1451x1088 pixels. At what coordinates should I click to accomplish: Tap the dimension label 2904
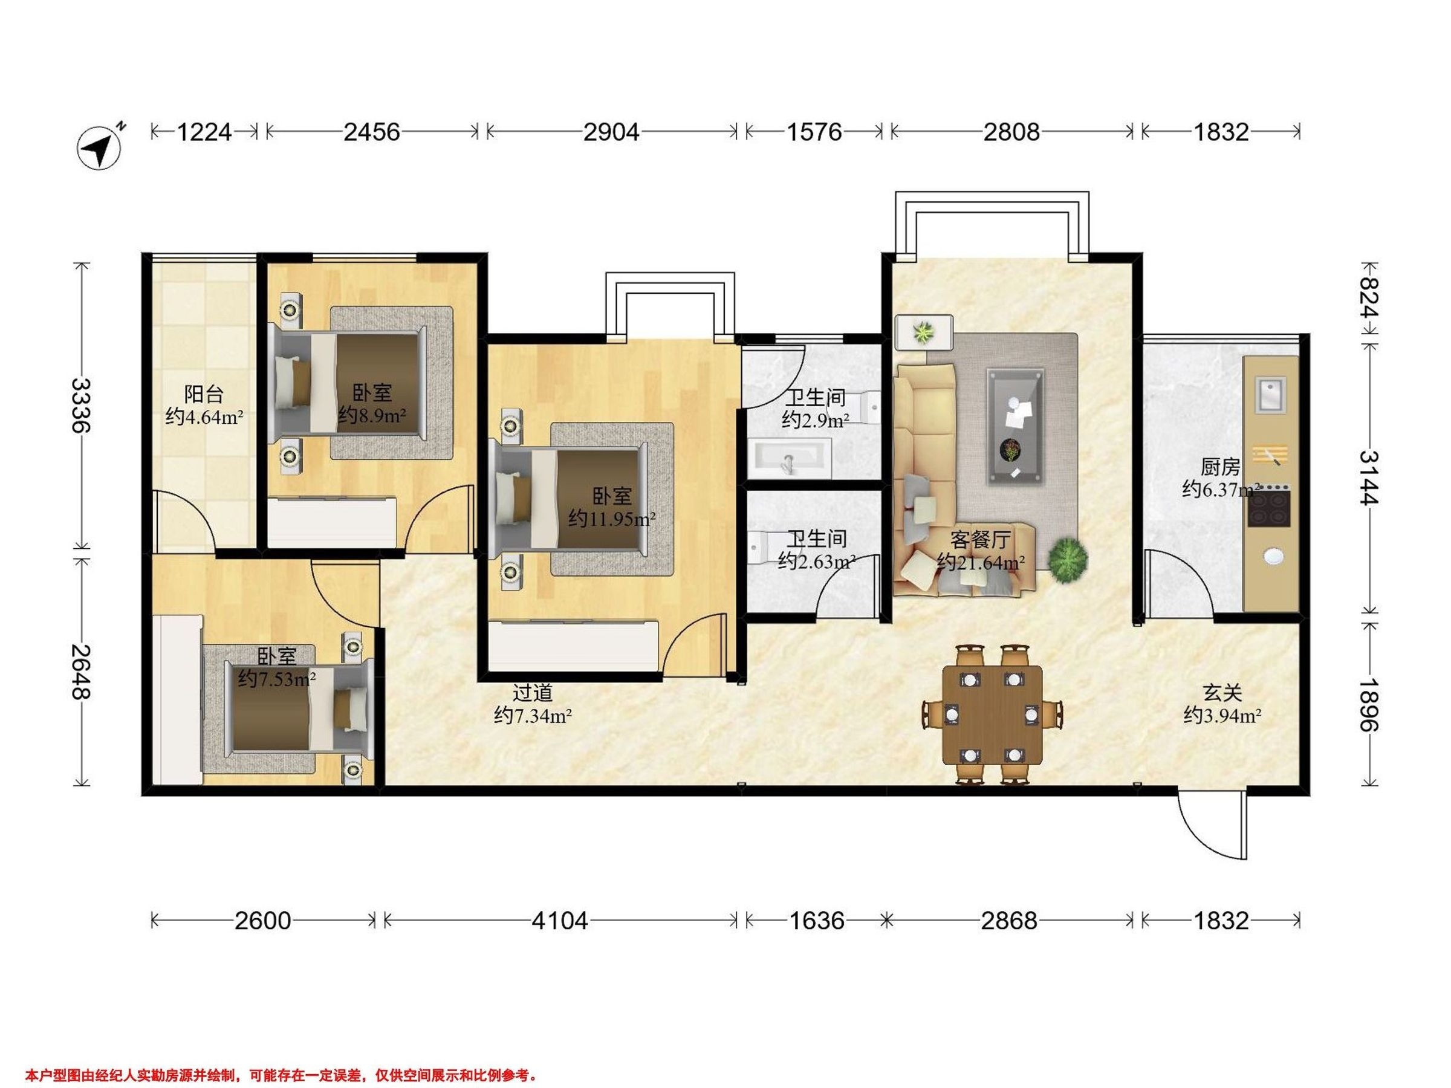pos(611,132)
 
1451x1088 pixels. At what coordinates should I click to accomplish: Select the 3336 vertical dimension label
pos(80,406)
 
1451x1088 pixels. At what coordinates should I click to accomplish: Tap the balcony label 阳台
pos(204,394)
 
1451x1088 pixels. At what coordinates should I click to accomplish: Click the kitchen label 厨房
pos(1220,467)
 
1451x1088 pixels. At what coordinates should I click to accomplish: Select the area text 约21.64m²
pos(981,562)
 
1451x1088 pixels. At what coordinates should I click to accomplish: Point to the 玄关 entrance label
pos(1222,693)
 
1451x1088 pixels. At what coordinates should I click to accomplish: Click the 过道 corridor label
pos(532,693)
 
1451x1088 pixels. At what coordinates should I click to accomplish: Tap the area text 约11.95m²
pos(612,519)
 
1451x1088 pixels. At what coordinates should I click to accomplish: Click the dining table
pos(992,715)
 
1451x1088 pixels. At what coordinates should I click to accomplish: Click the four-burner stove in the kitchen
pos(1269,506)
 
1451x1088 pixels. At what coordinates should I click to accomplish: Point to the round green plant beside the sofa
pos(1067,558)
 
